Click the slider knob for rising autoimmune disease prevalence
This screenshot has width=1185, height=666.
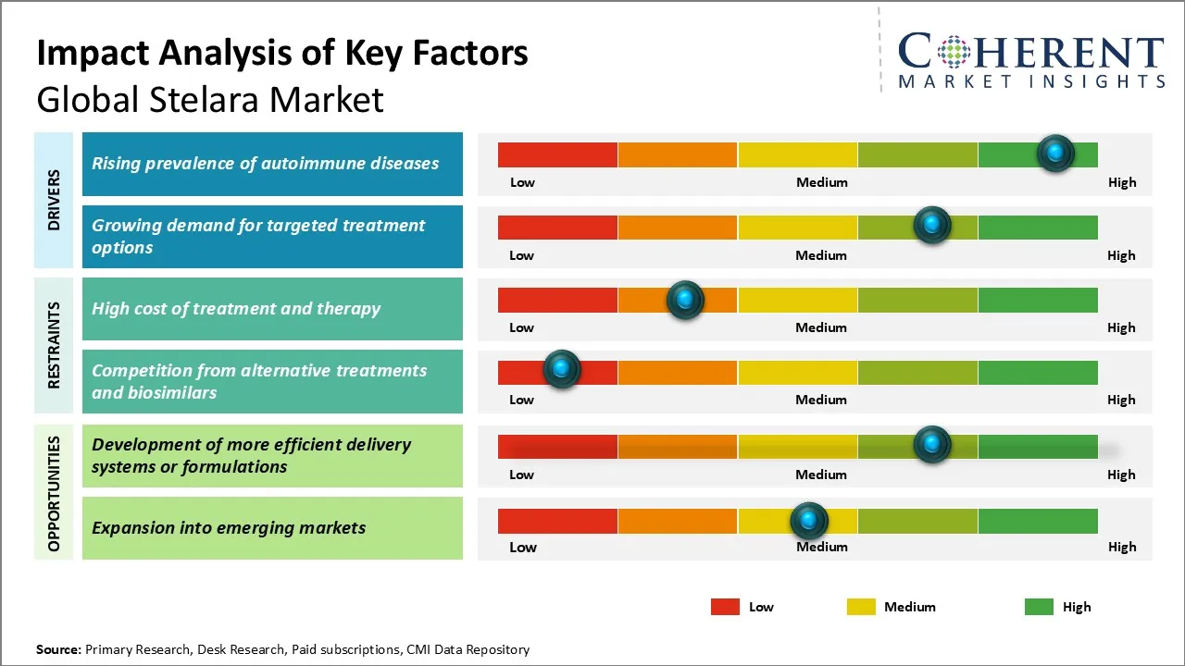(1055, 153)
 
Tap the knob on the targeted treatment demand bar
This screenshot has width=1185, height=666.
(932, 225)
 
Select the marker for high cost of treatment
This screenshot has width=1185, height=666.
(685, 299)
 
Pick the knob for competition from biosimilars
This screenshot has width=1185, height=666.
(561, 369)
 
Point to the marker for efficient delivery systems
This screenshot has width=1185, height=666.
(932, 445)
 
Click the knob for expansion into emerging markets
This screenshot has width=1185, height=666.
(809, 521)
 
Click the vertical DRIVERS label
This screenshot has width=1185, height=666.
(54, 200)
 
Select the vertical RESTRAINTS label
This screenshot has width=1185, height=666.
(54, 345)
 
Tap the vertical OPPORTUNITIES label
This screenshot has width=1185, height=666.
(54, 493)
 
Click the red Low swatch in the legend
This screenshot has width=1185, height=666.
(725, 607)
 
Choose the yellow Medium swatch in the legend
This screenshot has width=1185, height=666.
(861, 607)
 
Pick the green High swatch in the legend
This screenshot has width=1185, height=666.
(1039, 607)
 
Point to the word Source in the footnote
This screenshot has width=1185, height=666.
(58, 649)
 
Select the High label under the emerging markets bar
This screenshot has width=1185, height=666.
(1122, 547)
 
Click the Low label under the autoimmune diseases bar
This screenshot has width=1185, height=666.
(523, 182)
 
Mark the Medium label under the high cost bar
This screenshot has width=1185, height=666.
(821, 327)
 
